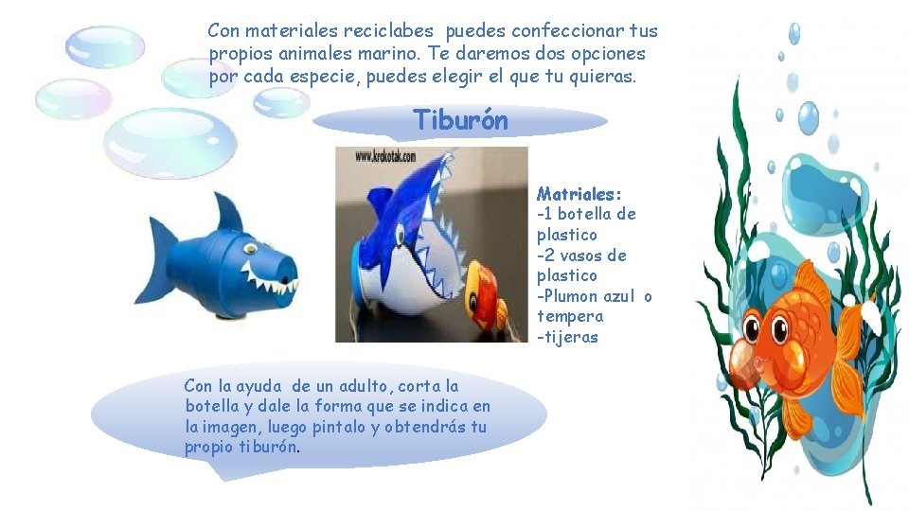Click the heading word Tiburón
pos(460,121)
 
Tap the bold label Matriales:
pos(579,194)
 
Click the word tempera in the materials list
pos(570,317)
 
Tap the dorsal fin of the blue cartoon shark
pos(227,212)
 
